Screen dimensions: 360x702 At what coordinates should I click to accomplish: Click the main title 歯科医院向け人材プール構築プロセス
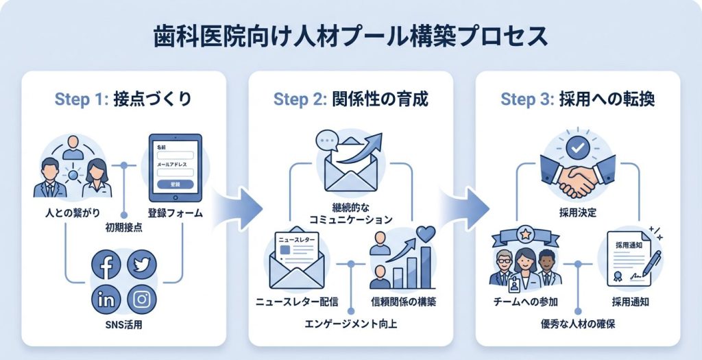click(350, 36)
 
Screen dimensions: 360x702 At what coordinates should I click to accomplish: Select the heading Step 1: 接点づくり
click(123, 99)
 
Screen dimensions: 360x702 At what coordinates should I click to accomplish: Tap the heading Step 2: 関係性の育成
click(350, 99)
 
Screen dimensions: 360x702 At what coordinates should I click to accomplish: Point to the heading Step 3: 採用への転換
click(577, 99)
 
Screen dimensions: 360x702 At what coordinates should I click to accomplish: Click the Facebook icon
click(106, 265)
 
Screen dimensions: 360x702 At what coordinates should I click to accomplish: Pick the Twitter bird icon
click(142, 265)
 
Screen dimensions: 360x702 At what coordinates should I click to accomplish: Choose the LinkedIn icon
click(106, 300)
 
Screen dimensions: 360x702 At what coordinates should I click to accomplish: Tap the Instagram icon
click(142, 300)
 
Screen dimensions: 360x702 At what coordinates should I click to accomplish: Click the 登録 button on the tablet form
click(175, 184)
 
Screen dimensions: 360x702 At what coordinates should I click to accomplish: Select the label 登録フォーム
click(175, 213)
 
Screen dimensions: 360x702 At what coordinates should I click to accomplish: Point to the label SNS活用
click(123, 324)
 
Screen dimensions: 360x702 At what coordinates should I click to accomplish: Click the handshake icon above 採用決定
click(577, 176)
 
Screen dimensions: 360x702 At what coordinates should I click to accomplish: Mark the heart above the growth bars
click(426, 235)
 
